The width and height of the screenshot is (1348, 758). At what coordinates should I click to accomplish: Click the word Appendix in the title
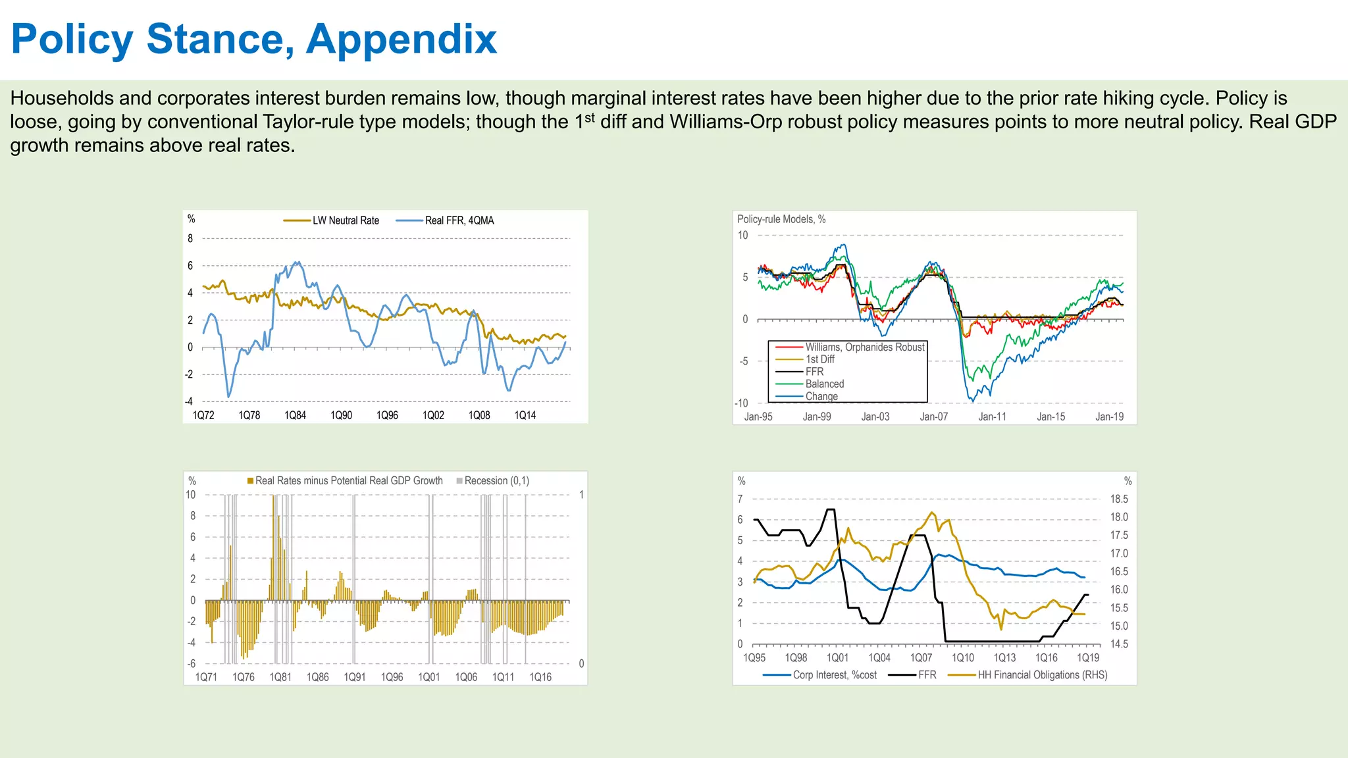[401, 39]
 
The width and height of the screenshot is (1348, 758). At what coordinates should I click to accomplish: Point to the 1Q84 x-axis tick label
[295, 415]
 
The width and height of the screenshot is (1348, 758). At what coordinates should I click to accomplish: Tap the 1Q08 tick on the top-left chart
[479, 415]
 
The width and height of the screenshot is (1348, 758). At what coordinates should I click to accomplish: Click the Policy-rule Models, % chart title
[781, 219]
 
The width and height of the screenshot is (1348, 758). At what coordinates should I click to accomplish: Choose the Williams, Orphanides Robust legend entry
[864, 347]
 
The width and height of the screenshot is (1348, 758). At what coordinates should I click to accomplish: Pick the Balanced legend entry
[824, 384]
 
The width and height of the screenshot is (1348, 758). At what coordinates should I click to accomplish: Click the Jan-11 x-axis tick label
[992, 417]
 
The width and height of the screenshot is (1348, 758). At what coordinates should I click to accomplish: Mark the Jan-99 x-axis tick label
[817, 417]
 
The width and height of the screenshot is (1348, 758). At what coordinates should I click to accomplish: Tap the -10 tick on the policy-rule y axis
[741, 403]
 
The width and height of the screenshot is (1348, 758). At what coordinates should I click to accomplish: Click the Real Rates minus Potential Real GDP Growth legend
[348, 481]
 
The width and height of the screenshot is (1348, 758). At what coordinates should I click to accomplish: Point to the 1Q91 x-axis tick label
[355, 677]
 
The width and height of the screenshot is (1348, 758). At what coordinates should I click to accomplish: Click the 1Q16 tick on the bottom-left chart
[540, 677]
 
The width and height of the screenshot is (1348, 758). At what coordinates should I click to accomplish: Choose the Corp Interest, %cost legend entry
[834, 675]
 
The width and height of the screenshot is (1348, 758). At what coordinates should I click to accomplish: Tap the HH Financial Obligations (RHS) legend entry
[1042, 675]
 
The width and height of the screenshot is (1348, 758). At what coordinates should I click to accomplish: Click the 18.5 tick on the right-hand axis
[1119, 499]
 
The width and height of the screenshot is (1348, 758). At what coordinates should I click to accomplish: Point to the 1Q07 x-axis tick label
[921, 658]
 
